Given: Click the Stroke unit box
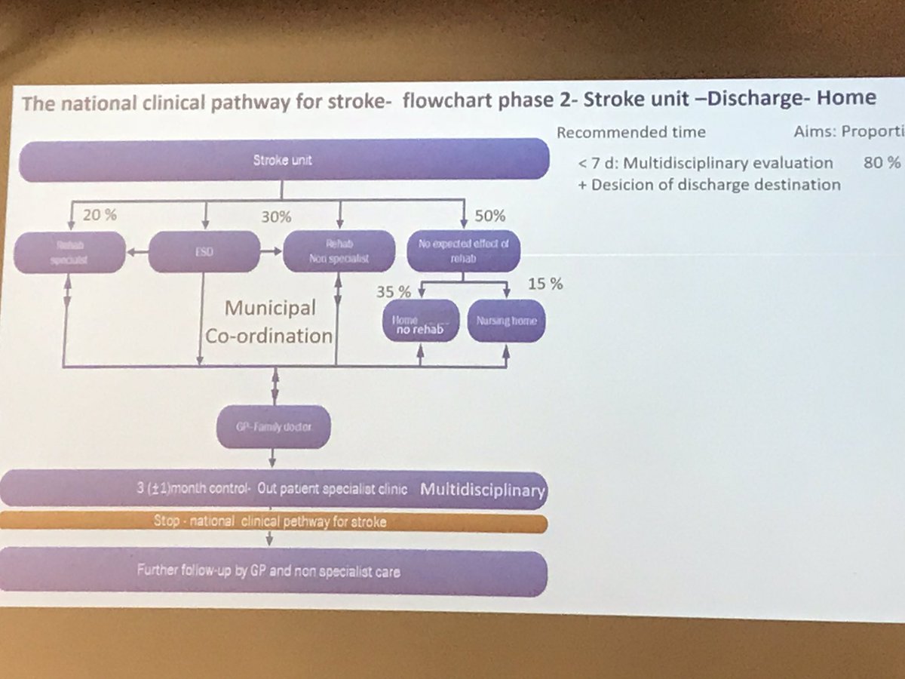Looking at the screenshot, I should point(282,160).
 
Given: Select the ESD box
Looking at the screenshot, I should point(204,251).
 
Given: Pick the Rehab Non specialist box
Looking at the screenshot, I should point(339,251).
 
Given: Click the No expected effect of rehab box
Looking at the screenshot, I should point(464,250).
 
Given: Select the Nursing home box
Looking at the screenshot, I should point(507,321).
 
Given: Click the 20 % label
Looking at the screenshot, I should point(100,215).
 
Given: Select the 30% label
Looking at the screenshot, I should point(276,217).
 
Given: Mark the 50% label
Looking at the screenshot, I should point(491,217).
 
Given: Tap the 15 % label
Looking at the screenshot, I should point(545,284).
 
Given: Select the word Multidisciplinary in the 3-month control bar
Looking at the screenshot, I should point(482,490).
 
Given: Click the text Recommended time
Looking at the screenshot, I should point(631,132).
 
